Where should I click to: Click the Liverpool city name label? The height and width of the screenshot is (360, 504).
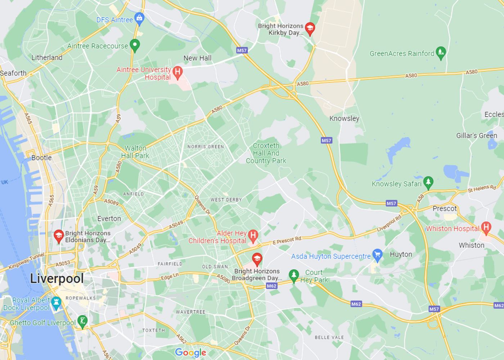(x=57, y=278)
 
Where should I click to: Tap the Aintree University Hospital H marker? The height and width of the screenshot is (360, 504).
(x=177, y=72)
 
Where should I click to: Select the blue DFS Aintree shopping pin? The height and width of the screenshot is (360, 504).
(x=139, y=18)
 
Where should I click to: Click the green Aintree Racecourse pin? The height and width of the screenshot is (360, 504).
(x=135, y=45)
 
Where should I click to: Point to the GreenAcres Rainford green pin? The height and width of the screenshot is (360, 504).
(x=441, y=53)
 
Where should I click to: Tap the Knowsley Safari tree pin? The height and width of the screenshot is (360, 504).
(x=428, y=183)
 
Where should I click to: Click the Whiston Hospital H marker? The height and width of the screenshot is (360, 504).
(x=486, y=228)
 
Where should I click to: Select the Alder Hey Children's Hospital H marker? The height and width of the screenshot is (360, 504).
(x=253, y=236)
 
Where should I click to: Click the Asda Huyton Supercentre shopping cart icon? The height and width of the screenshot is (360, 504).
(x=377, y=255)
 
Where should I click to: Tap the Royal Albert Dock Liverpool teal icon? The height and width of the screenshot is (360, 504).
(x=56, y=303)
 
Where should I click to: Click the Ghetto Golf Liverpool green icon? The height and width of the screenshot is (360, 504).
(x=82, y=321)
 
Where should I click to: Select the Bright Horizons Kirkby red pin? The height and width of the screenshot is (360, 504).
(x=310, y=28)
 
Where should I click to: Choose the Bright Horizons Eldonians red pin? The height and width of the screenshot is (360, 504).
(x=58, y=236)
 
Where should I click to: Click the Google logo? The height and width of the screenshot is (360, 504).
(x=190, y=352)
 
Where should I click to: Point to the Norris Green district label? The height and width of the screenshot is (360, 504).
(x=206, y=147)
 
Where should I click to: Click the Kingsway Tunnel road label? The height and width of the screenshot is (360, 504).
(x=26, y=261)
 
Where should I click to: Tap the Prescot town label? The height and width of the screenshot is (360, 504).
(x=445, y=208)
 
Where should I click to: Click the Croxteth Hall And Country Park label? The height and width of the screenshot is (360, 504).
(x=266, y=153)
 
